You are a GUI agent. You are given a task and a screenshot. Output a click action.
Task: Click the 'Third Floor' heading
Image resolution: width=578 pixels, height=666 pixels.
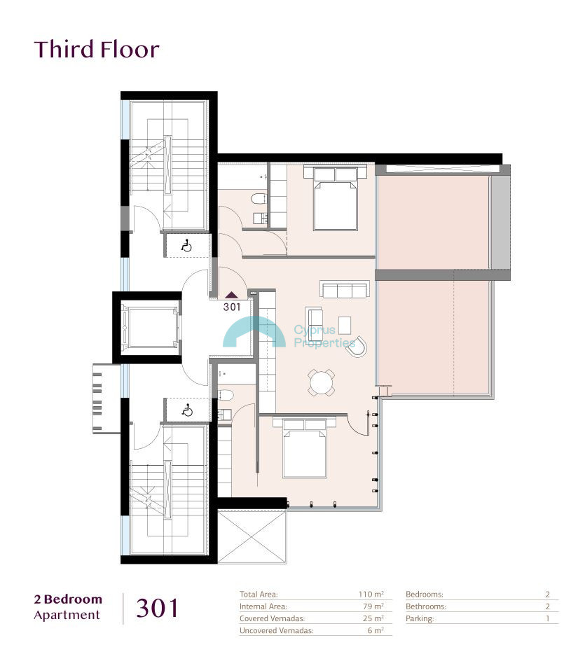pyautogui.click(x=97, y=49)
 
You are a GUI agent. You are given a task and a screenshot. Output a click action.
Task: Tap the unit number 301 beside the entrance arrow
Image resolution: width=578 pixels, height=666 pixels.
pyautogui.click(x=232, y=307)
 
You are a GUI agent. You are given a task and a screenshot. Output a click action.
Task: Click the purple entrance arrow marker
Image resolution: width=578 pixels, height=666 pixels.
pyautogui.click(x=232, y=296)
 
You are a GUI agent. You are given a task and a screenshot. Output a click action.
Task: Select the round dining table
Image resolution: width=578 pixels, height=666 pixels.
pyautogui.click(x=322, y=382)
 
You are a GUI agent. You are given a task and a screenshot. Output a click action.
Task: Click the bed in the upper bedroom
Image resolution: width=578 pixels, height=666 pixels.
pyautogui.click(x=336, y=198)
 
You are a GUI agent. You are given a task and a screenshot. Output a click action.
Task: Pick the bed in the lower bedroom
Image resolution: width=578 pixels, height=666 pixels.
pyautogui.click(x=305, y=448)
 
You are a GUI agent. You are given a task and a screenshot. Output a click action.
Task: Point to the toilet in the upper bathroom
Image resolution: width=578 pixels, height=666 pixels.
pyautogui.click(x=259, y=198)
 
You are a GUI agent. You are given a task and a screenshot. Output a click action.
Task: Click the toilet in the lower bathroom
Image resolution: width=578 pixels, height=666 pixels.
pyautogui.click(x=226, y=395)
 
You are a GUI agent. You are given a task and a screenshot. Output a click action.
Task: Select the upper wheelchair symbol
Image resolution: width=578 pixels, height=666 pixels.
pyautogui.click(x=186, y=246)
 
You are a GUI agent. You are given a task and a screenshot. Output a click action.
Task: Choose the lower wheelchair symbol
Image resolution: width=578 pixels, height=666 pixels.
pyautogui.click(x=186, y=410)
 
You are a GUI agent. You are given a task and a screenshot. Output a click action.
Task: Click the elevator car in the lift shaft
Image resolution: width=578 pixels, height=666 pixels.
pyautogui.click(x=151, y=328)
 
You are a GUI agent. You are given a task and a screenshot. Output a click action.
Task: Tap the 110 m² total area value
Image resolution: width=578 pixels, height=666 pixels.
pyautogui.click(x=371, y=595)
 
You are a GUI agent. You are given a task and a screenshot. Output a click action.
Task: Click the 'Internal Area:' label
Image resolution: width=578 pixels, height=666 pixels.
pyautogui.click(x=263, y=606)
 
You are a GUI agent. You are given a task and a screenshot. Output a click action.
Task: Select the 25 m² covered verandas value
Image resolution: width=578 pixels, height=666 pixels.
pyautogui.click(x=373, y=618)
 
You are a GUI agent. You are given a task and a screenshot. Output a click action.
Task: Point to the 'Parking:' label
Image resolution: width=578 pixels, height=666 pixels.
pyautogui.click(x=420, y=619)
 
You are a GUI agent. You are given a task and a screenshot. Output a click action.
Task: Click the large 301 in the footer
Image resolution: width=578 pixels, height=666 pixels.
pyautogui.click(x=157, y=609)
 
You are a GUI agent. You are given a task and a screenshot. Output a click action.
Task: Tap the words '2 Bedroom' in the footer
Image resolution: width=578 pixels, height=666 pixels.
pyautogui.click(x=68, y=599)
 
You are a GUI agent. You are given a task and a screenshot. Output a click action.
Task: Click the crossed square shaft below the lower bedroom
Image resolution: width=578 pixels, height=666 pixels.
pyautogui.click(x=252, y=536)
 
